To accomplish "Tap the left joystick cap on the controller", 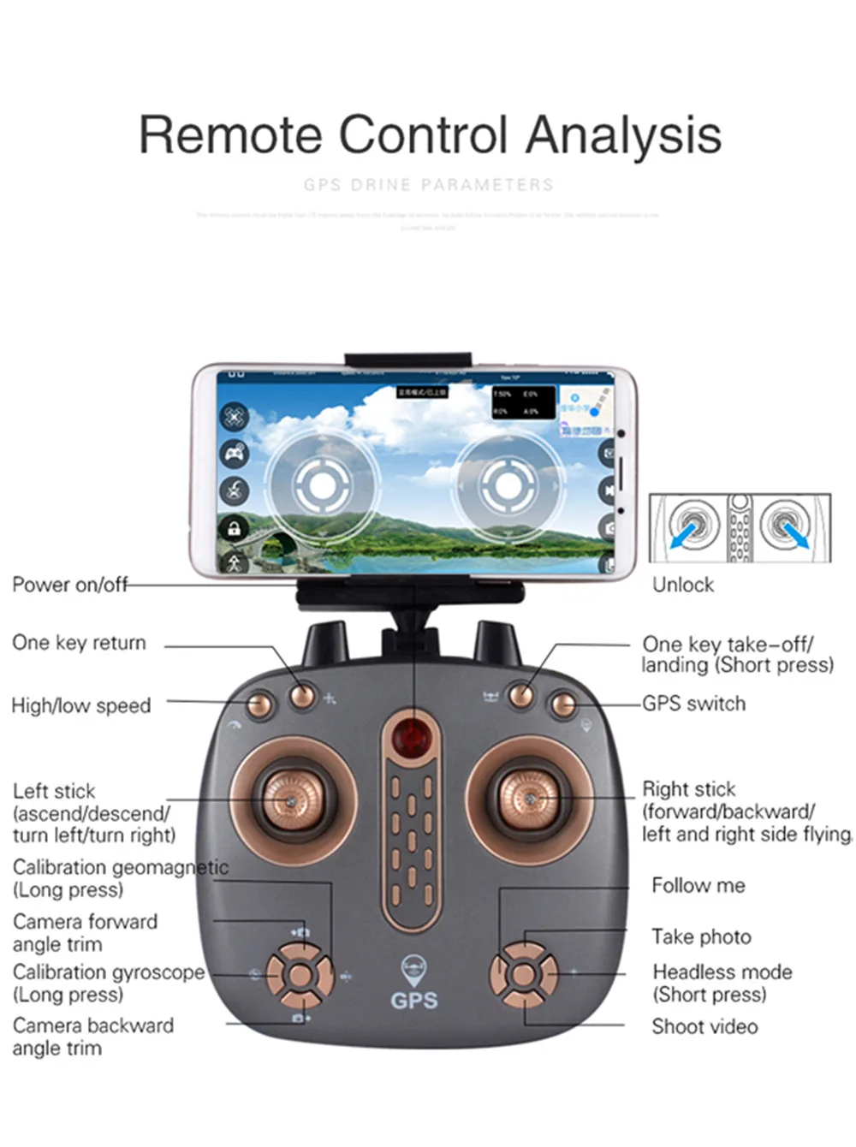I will click(x=291, y=799).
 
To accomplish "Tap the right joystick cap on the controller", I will click(x=529, y=798).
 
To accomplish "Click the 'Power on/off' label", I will click(x=69, y=585).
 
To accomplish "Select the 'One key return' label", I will click(x=79, y=643).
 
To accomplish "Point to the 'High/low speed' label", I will click(x=80, y=706).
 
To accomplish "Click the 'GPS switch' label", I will click(x=693, y=704).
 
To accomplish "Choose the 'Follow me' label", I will click(x=698, y=885).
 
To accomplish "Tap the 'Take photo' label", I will click(x=701, y=936).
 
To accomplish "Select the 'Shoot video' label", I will click(x=704, y=1026).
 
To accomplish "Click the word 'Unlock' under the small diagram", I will click(x=682, y=585).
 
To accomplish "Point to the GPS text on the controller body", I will click(x=413, y=1000).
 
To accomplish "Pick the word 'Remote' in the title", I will click(x=229, y=135).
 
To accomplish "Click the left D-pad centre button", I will click(x=299, y=975).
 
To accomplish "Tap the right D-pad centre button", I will click(x=522, y=974).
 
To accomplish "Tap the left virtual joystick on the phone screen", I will click(x=322, y=485).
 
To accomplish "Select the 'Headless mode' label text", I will click(x=722, y=972).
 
